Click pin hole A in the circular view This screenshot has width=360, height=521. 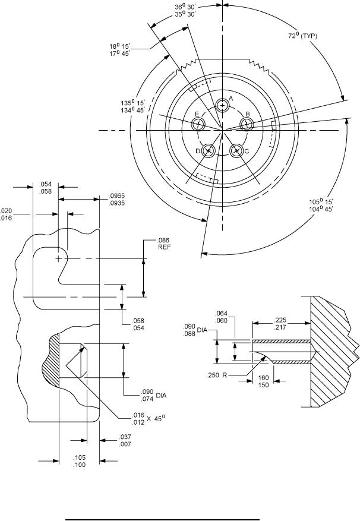click(223, 106)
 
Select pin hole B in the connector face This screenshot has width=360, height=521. click(247, 123)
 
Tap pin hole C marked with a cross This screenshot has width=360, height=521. click(236, 151)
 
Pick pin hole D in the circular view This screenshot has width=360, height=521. click(208, 151)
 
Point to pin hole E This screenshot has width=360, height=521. click(198, 124)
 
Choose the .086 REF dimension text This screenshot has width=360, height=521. click(164, 245)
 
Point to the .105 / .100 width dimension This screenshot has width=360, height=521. click(79, 461)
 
